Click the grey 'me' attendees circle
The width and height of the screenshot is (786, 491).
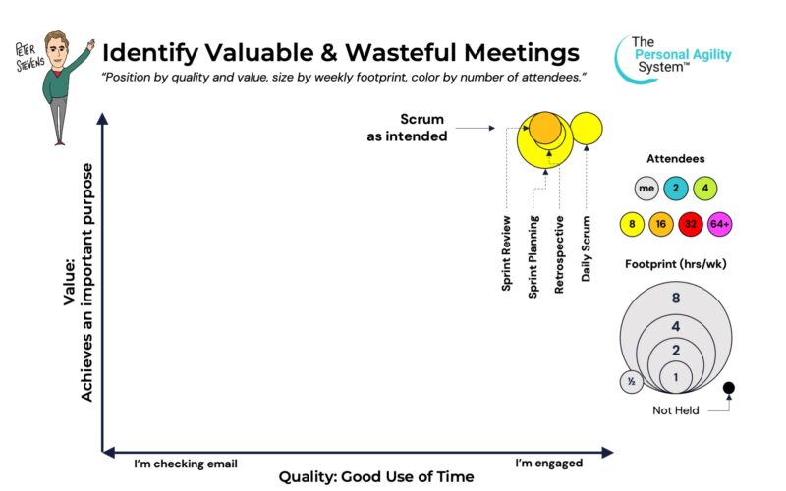(x=646, y=189)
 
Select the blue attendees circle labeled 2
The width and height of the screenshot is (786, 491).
(x=676, y=189)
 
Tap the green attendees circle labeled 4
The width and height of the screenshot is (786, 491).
(x=705, y=189)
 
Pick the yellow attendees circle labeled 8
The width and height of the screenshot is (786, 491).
(x=632, y=224)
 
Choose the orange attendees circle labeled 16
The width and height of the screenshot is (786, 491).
(x=661, y=224)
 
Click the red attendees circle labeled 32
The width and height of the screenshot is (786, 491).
(x=691, y=224)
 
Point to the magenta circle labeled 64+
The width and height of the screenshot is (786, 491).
(x=720, y=224)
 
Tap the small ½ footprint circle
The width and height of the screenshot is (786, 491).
(x=632, y=382)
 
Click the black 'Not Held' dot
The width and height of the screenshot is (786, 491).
(x=729, y=387)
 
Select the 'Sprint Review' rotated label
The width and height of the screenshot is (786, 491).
(x=506, y=253)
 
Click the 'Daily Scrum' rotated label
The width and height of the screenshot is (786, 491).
(x=586, y=248)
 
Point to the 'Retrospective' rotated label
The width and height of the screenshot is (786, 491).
(x=559, y=254)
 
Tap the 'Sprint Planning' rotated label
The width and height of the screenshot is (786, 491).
(x=533, y=256)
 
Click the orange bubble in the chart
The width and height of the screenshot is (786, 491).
(x=545, y=128)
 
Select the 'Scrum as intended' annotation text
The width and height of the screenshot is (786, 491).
(x=407, y=128)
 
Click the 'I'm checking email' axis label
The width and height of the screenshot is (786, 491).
(x=186, y=464)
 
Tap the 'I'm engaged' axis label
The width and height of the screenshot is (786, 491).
(x=549, y=463)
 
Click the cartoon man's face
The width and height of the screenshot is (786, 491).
(x=57, y=52)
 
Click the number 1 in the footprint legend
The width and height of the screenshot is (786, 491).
(x=676, y=377)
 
